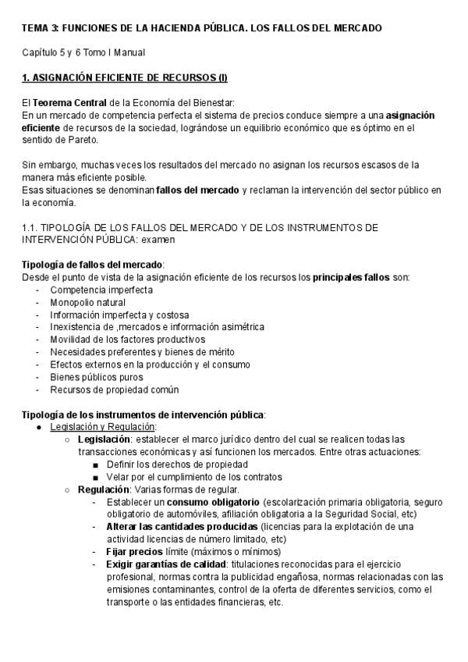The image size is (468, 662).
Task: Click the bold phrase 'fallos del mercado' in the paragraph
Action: [x=198, y=190]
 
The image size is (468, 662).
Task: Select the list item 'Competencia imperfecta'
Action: [x=101, y=290]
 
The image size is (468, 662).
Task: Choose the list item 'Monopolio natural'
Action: [x=88, y=302]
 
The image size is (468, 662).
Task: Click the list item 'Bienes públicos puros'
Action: [x=97, y=377]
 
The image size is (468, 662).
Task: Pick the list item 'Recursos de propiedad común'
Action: [x=115, y=390]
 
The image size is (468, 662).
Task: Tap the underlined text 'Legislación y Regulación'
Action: [x=103, y=427]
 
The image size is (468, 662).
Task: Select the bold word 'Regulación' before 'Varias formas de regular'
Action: [x=103, y=489]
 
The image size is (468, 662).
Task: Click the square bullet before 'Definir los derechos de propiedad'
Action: [x=95, y=464]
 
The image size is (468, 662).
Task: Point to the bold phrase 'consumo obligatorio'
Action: [x=214, y=502]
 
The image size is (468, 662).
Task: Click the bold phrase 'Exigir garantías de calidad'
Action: [x=167, y=564]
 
